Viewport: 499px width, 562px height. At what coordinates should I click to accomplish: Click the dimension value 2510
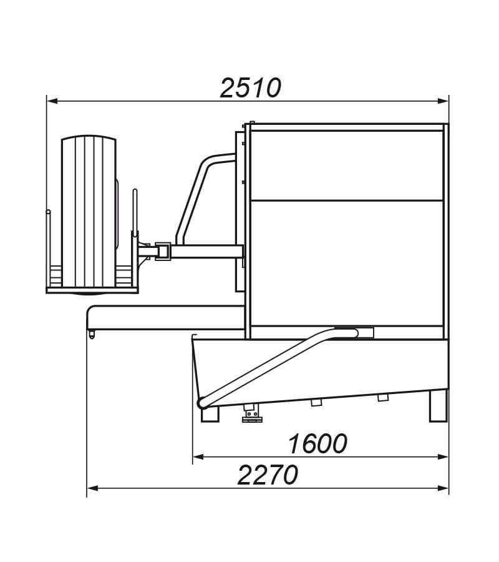pos(251,88)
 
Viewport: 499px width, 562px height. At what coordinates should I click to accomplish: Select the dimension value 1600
pos(317,443)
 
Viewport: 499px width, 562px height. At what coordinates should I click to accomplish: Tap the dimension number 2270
pos(268,475)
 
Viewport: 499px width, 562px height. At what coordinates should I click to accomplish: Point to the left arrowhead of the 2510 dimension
pos(52,101)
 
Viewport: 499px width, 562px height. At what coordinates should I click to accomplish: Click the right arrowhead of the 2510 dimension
pos(443,101)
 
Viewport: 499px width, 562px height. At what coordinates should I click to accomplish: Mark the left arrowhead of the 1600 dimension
pos(198,457)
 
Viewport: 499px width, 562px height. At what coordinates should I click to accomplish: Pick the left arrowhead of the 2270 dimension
pos(93,488)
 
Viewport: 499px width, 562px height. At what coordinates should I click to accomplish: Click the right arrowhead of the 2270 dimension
pos(443,488)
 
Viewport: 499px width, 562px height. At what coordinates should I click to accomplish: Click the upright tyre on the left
pos(89,214)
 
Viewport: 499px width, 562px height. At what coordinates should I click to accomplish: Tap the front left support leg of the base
pos(210,414)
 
